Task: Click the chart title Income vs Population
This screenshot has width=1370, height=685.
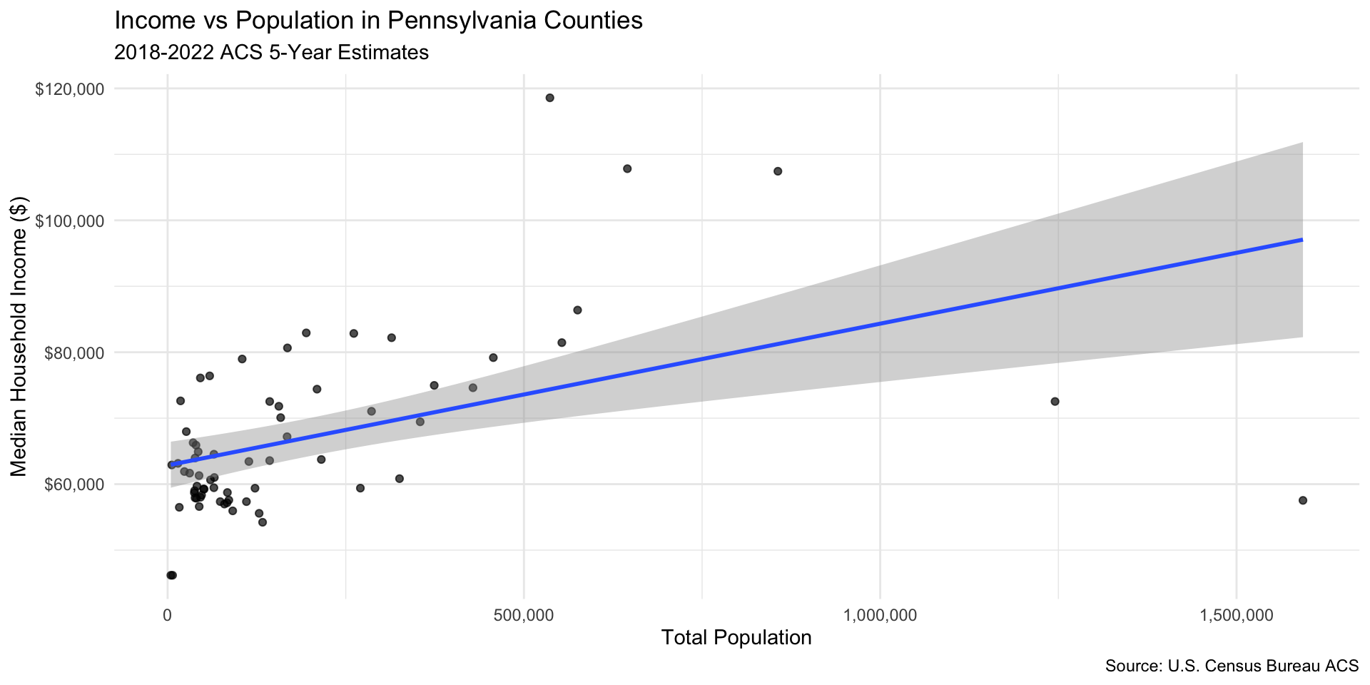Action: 378,21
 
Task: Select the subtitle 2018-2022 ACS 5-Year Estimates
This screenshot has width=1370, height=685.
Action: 271,53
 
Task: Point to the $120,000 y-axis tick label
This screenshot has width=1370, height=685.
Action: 70,89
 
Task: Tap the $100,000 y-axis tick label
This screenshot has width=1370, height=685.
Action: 70,221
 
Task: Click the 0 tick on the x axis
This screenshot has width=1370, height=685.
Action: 168,615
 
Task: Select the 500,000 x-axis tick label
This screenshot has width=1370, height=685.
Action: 524,615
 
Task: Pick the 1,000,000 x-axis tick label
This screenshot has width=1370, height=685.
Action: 880,615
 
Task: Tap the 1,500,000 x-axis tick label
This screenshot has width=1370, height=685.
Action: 1236,615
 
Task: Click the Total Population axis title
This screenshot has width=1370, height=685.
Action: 736,637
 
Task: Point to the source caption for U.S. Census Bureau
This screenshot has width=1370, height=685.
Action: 1232,666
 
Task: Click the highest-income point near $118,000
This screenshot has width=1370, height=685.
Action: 549,98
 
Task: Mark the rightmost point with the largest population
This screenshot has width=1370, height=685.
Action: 1303,500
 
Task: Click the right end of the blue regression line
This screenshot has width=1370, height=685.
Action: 1302,240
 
